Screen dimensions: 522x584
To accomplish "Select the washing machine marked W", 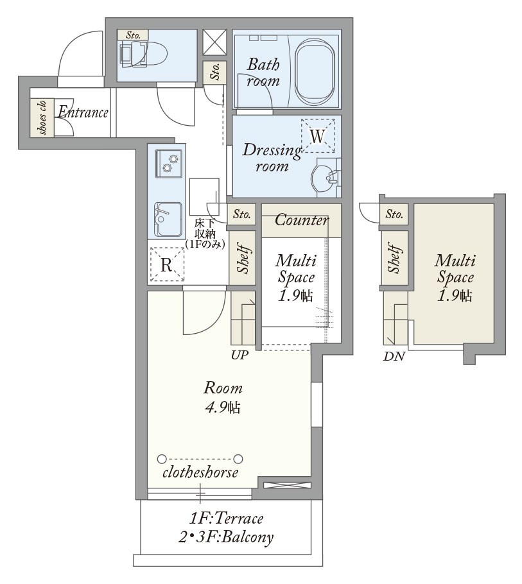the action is point(318,136).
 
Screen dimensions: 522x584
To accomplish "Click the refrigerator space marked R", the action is point(167,265).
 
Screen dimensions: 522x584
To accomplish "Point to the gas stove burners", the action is point(169,164).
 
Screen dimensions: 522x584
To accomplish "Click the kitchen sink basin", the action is point(168,219).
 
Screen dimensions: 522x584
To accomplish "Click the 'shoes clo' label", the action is point(42,117).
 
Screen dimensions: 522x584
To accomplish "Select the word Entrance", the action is point(83,112).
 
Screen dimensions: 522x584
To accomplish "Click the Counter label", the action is point(301,219).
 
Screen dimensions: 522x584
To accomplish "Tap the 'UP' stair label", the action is point(239,356).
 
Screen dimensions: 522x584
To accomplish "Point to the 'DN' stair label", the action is point(394,356).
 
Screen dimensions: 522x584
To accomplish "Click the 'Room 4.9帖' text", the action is point(223,398).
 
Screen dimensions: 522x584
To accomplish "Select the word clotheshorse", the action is point(200,472).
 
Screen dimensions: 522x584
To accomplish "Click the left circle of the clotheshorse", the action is point(162,458).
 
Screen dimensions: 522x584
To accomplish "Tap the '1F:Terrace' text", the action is point(226,518).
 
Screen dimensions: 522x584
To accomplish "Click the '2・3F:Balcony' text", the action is point(226,537).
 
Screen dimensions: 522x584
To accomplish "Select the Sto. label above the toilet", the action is point(133,35).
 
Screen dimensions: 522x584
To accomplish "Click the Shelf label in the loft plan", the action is point(394,258).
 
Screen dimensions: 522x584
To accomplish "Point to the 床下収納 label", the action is point(205,234).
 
